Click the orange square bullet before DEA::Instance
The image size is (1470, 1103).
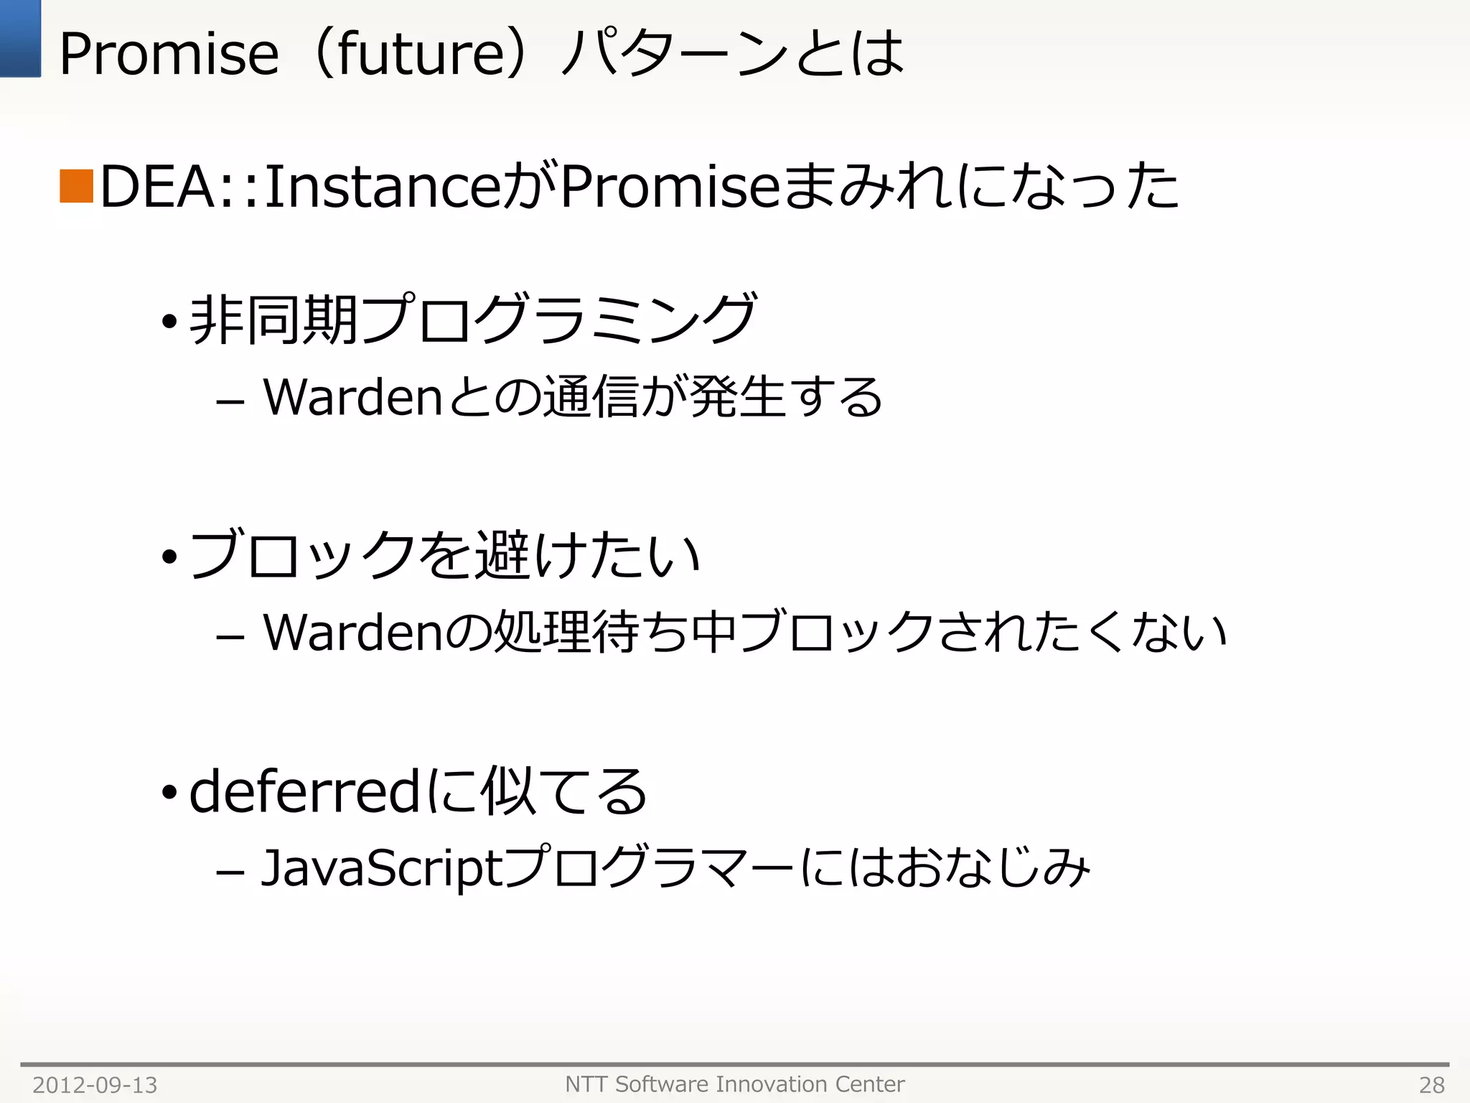click(76, 186)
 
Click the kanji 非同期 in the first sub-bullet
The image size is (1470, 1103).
click(273, 320)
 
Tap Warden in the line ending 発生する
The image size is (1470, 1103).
click(352, 397)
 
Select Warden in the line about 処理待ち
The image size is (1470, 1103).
click(352, 633)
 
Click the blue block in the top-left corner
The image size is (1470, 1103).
click(20, 38)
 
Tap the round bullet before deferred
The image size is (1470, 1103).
click(169, 793)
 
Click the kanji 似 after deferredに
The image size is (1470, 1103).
click(508, 791)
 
